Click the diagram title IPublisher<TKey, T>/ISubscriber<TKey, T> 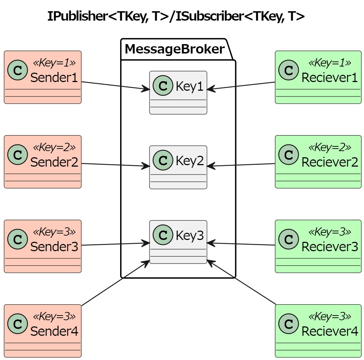coord(176,16)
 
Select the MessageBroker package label coord(175,49)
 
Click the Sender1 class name coord(54,78)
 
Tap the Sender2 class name coord(54,162)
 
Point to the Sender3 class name coord(54,247)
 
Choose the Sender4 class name coord(54,331)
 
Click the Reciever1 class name coord(329,78)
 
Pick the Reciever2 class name coord(329,162)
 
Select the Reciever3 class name coord(329,247)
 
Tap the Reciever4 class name coord(329,331)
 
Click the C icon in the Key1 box coord(163,86)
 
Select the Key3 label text coord(190,236)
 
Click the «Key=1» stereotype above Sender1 coord(54,63)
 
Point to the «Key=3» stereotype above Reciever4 coord(329,317)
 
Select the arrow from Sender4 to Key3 coord(115,283)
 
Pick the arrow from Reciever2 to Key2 coord(241,165)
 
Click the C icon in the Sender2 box coord(17,155)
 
